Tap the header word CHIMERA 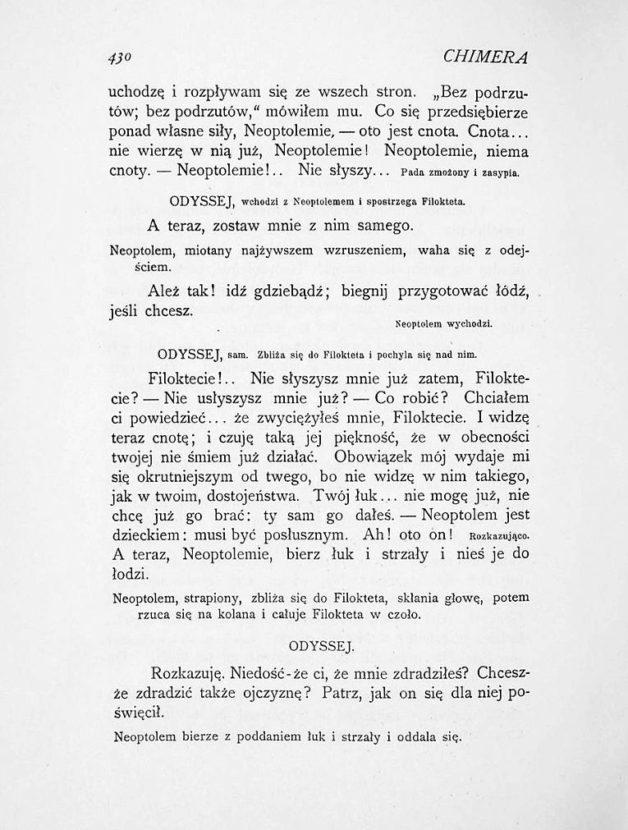point(484,57)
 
